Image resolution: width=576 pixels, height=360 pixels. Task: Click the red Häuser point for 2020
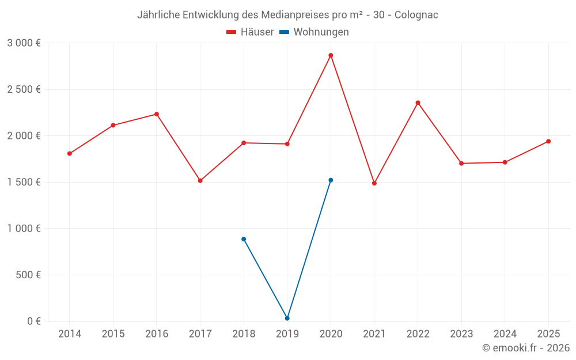[331, 55]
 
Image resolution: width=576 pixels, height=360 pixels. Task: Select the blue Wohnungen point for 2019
[287, 318]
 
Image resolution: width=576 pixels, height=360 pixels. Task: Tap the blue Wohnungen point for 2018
[244, 239]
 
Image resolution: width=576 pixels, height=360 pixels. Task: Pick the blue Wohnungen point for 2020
[331, 180]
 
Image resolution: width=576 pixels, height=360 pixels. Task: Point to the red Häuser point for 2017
[200, 181]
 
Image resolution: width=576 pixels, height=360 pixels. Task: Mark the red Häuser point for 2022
[418, 103]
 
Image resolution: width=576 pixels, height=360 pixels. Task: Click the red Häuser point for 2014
[70, 154]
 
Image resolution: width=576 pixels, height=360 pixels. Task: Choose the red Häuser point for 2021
[374, 183]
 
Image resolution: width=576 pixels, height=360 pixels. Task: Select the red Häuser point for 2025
[548, 141]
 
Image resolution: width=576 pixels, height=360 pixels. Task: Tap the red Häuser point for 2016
[157, 114]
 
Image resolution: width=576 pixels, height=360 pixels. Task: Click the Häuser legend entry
[250, 32]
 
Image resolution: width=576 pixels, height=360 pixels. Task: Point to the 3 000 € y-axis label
[24, 43]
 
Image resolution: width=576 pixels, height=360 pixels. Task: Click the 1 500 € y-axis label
[24, 182]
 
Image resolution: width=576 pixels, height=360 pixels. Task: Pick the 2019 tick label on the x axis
[287, 334]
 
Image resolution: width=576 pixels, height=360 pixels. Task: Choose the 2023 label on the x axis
[461, 334]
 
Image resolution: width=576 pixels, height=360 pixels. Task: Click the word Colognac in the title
[416, 15]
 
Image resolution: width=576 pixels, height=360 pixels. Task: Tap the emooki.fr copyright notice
[525, 348]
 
